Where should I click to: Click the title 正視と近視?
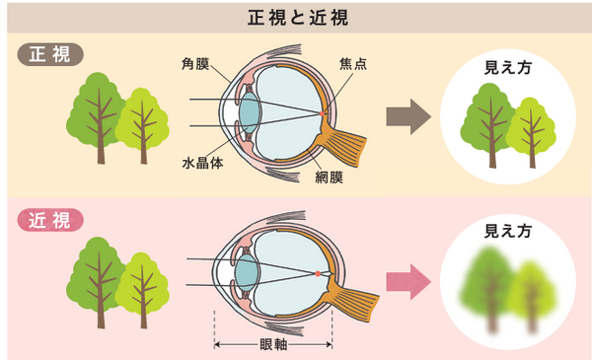click(x=297, y=17)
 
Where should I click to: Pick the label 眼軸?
click(x=273, y=345)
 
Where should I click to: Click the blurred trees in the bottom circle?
click(x=508, y=291)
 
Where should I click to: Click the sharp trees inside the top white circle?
click(x=508, y=126)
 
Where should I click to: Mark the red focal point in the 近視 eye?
click(x=316, y=272)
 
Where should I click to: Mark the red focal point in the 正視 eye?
click(x=322, y=114)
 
